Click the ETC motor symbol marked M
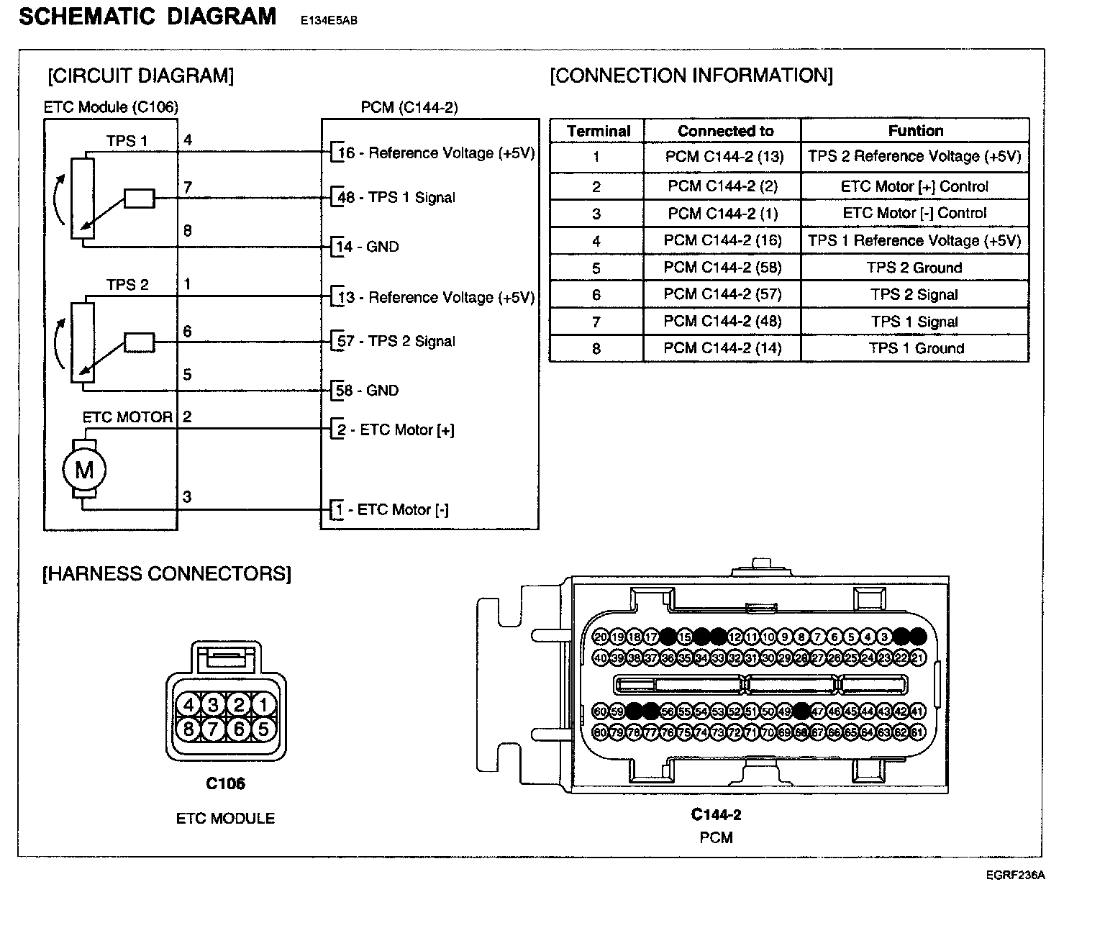coord(84,470)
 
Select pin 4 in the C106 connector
coord(189,705)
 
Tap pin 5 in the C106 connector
coord(263,729)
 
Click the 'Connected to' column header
coord(725,131)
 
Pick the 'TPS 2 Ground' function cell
coord(914,268)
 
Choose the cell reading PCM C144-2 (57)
coord(722,294)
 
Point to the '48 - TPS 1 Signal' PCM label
coord(396,197)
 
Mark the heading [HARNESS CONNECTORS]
coord(167,573)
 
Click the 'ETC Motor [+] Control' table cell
coord(914,186)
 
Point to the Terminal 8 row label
coord(596,349)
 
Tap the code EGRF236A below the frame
coord(1015,875)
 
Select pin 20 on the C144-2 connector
coord(601,637)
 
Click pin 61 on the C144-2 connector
coord(917,732)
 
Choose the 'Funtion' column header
coord(915,131)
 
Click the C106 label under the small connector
coord(225,783)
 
